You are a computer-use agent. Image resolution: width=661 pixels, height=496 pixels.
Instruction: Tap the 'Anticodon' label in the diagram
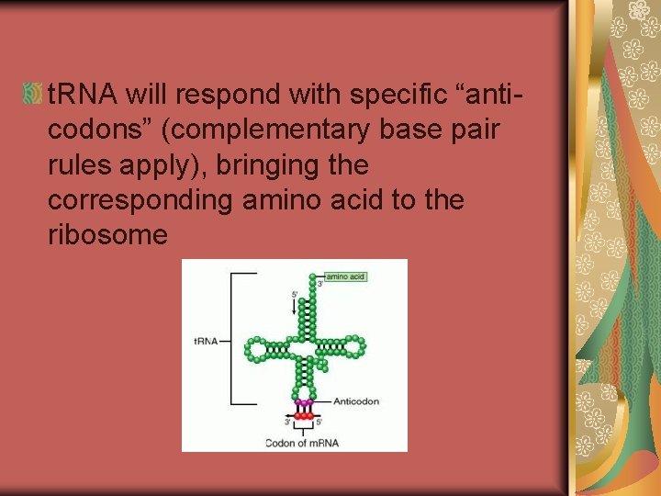coord(355,401)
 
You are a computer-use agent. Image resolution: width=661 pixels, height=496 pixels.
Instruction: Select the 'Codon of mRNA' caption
coord(302,443)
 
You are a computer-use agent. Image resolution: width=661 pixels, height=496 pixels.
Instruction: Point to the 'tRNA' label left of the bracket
coord(206,341)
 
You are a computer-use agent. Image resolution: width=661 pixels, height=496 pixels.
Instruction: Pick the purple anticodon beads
coord(303,402)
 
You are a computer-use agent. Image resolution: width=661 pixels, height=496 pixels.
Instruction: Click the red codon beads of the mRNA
coord(305,418)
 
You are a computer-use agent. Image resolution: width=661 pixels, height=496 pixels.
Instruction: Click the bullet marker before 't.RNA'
coord(33,93)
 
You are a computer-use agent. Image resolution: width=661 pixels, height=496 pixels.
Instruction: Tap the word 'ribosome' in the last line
coord(107,235)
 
